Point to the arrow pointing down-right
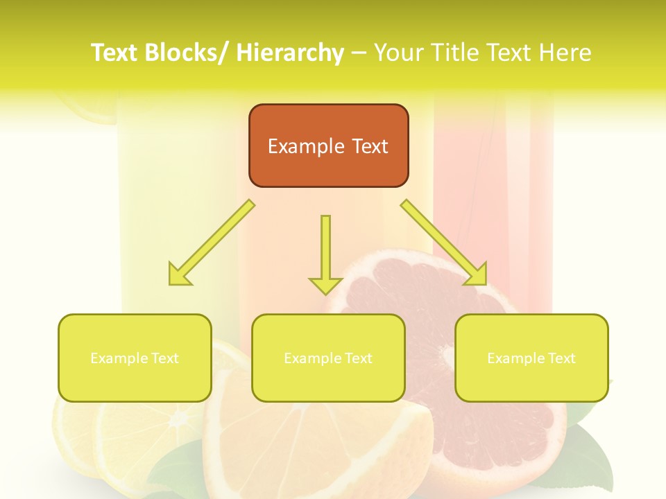[x=444, y=243]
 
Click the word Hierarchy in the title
[x=289, y=53]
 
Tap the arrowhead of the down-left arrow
[x=180, y=274]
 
